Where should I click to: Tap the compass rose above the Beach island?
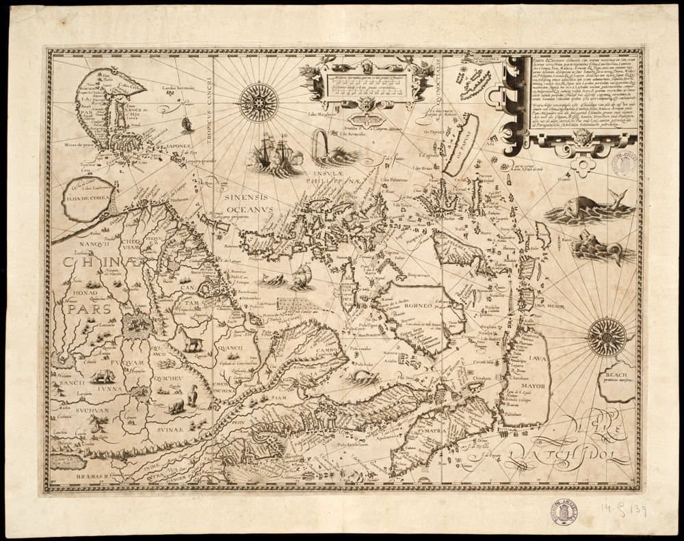click(x=607, y=337)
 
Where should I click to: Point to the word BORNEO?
click(x=417, y=306)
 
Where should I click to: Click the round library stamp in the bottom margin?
click(x=564, y=512)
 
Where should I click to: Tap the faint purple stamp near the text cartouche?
click(x=624, y=164)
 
